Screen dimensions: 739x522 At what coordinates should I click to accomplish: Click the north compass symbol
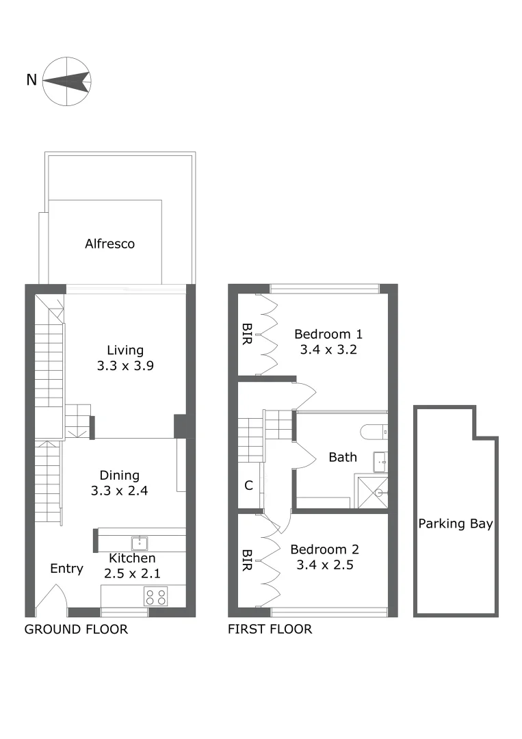pyautogui.click(x=67, y=81)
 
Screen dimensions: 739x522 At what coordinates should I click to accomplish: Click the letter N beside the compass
pyautogui.click(x=31, y=80)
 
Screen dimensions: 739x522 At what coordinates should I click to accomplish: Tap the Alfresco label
pyautogui.click(x=109, y=244)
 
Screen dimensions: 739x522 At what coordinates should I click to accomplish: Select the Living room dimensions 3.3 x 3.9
pyautogui.click(x=125, y=365)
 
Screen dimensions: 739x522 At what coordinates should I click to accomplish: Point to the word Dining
pyautogui.click(x=120, y=475)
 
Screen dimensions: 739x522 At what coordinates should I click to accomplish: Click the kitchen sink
pyautogui.click(x=140, y=544)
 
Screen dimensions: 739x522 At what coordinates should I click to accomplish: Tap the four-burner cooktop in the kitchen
pyautogui.click(x=156, y=597)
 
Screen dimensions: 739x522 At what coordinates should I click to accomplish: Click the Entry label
pyautogui.click(x=67, y=569)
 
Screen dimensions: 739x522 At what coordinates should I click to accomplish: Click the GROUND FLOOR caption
pyautogui.click(x=76, y=630)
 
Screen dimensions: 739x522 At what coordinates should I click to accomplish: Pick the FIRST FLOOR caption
pyautogui.click(x=270, y=630)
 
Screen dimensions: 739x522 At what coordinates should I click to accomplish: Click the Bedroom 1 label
pyautogui.click(x=328, y=335)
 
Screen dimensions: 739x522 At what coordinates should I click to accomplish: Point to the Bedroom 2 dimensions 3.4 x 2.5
pyautogui.click(x=324, y=565)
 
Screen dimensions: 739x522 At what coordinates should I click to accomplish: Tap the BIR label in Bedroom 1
pyautogui.click(x=246, y=335)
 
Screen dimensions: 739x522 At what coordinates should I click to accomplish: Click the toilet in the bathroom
pyautogui.click(x=374, y=432)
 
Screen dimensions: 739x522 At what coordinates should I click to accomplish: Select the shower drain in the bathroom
pyautogui.click(x=377, y=492)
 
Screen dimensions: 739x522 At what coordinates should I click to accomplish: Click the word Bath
pyautogui.click(x=343, y=457)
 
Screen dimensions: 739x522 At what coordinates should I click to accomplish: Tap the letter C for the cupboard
pyautogui.click(x=248, y=486)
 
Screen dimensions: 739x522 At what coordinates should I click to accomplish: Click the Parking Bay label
pyautogui.click(x=456, y=524)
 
